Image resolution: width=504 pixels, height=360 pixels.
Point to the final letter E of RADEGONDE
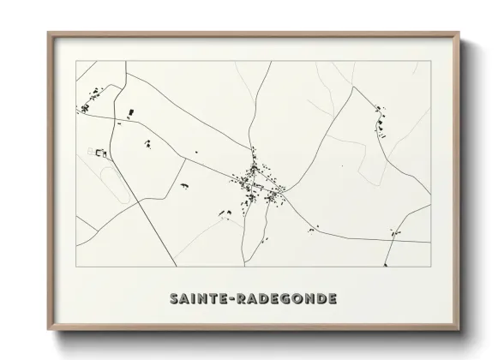tap(333, 299)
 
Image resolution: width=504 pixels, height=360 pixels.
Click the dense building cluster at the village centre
tap(254, 183)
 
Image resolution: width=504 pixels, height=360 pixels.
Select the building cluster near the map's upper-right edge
tap(380, 123)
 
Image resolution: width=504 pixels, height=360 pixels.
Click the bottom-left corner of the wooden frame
tap(49, 329)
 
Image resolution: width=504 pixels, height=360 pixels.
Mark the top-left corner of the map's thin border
tap(77, 62)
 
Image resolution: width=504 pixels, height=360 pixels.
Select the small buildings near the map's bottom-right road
tap(393, 231)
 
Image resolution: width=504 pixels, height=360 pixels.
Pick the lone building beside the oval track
tap(101, 153)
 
